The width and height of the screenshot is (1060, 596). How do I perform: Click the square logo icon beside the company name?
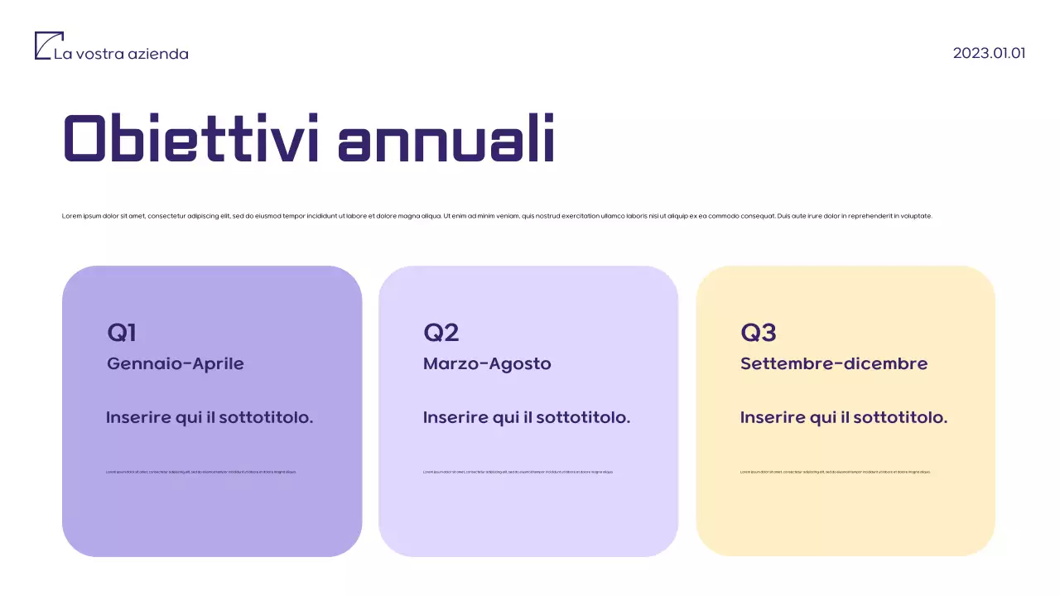pyautogui.click(x=49, y=46)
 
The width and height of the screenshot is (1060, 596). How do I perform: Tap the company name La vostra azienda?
pyautogui.click(x=121, y=54)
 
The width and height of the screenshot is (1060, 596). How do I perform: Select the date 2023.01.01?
pyautogui.click(x=989, y=53)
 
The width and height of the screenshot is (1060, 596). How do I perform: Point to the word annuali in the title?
pyautogui.click(x=446, y=138)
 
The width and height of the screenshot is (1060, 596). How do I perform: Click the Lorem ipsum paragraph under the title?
pyautogui.click(x=497, y=216)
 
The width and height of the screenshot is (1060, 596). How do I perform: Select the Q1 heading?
pyautogui.click(x=122, y=333)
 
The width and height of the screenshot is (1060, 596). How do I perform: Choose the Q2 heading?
pyautogui.click(x=441, y=333)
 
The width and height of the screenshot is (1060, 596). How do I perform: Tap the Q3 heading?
pyautogui.click(x=758, y=333)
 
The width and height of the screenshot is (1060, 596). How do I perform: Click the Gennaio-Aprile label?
pyautogui.click(x=176, y=363)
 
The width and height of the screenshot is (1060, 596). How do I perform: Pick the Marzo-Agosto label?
pyautogui.click(x=487, y=363)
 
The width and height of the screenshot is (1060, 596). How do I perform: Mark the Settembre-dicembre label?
pyautogui.click(x=834, y=363)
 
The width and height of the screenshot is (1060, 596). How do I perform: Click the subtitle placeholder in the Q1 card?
pyautogui.click(x=210, y=417)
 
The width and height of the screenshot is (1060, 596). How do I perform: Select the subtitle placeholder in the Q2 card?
pyautogui.click(x=527, y=417)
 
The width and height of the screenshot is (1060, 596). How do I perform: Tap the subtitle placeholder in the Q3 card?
pyautogui.click(x=844, y=417)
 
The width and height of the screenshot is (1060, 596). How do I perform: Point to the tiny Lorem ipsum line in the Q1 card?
pyautogui.click(x=201, y=472)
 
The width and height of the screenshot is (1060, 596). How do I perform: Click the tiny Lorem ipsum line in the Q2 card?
pyautogui.click(x=518, y=472)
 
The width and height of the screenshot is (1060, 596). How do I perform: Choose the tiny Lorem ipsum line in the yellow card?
pyautogui.click(x=836, y=472)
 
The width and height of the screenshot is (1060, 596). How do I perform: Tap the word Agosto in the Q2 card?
pyautogui.click(x=523, y=363)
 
